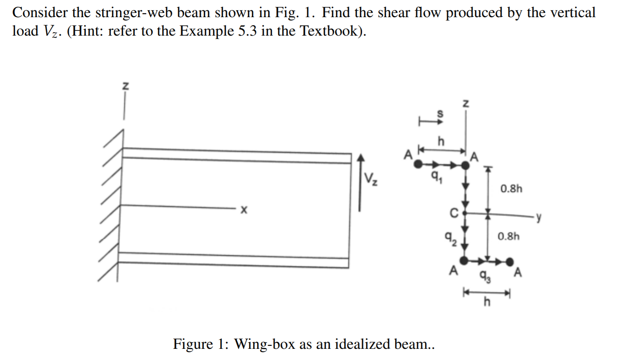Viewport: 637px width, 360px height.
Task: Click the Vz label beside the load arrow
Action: coord(371,179)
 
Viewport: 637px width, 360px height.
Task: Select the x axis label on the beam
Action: coord(244,210)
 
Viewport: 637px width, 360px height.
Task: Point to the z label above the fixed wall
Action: coord(125,86)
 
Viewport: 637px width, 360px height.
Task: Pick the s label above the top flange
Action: coord(440,114)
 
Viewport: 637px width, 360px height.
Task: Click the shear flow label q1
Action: coord(436,176)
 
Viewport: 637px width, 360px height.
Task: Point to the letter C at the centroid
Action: coord(454,212)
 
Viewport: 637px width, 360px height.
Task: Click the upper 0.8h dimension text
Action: coord(511,188)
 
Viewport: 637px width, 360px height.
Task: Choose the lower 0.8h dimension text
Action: coord(508,236)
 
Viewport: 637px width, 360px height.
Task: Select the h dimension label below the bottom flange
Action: coord(486,302)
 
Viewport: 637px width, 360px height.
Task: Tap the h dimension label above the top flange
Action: coord(441,141)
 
